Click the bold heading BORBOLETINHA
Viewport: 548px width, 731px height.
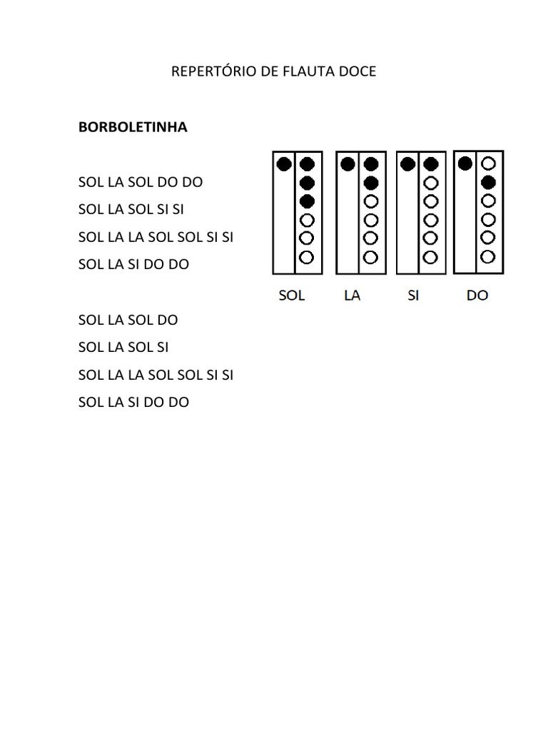(133, 127)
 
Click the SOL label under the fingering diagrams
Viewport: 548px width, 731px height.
(291, 295)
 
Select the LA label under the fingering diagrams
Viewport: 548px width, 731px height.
(352, 295)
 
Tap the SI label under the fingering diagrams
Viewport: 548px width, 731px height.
(413, 295)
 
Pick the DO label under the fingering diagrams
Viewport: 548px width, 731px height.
(477, 295)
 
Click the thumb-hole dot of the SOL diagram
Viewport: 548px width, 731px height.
(283, 164)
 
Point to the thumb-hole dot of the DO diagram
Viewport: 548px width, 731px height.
(465, 163)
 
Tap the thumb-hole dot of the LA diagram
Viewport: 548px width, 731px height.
(347, 164)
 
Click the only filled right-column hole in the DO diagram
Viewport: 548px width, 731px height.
(489, 182)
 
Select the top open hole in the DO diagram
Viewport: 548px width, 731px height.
(489, 164)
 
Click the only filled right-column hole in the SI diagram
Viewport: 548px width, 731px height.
(430, 165)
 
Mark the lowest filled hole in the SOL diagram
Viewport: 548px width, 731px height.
(307, 201)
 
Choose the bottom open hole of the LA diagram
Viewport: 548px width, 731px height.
(370, 256)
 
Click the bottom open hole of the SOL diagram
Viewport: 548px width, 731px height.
(307, 256)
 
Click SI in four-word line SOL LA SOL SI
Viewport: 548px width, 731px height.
(162, 348)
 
